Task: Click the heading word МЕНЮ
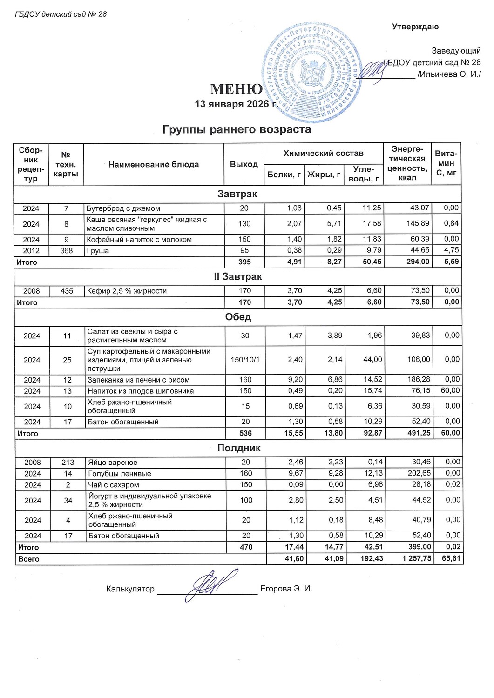coord(236,89)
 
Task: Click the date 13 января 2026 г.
coord(236,104)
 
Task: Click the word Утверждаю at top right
coord(415,27)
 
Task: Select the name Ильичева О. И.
coord(450,74)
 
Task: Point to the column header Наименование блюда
coord(154,164)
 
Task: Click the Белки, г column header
coord(284,175)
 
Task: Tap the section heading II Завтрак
coord(237,276)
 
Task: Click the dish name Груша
coord(98,250)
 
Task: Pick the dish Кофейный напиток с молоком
coord(139,239)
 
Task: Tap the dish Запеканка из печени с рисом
coord(139,380)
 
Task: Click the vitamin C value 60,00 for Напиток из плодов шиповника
coord(450,390)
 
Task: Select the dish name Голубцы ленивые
coord(120,473)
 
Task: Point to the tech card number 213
coord(68,462)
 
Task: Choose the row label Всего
coord(29,559)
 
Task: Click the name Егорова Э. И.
coord(286,589)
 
